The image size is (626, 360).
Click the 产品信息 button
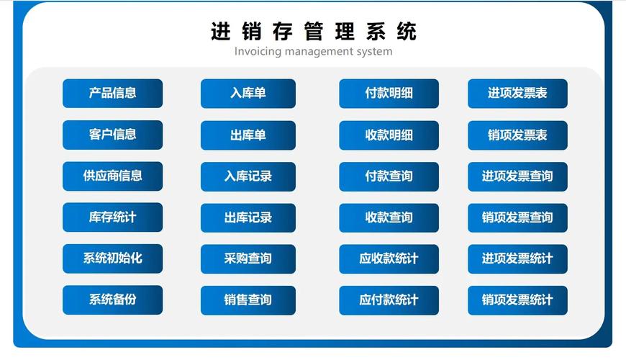click(112, 94)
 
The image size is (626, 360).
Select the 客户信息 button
click(112, 135)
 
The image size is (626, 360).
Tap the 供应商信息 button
click(112, 176)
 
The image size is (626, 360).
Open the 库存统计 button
click(112, 217)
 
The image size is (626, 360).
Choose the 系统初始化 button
click(112, 258)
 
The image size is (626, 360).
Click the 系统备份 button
click(112, 300)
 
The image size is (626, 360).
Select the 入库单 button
click(248, 94)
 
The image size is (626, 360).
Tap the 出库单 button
click(248, 135)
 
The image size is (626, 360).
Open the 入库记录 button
click(248, 176)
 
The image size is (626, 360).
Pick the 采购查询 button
click(248, 258)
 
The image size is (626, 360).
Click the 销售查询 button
click(248, 300)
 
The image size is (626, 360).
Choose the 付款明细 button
click(389, 94)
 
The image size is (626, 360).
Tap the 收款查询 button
click(389, 217)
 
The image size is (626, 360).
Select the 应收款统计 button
click(389, 258)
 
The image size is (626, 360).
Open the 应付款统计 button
click(389, 300)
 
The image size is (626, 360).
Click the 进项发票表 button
click(517, 94)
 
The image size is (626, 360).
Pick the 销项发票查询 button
click(517, 217)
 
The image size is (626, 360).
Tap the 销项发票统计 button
click(517, 300)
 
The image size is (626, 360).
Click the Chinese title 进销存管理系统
click(313, 32)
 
